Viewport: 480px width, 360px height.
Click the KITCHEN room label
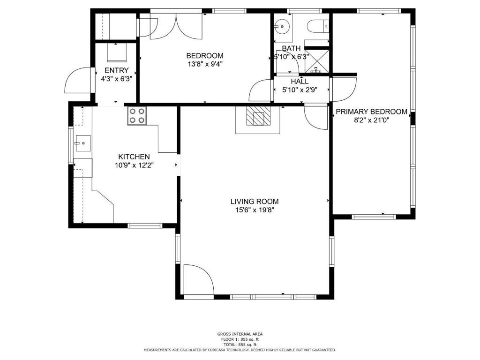[x=134, y=157]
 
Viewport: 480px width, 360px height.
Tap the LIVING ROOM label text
[x=255, y=202]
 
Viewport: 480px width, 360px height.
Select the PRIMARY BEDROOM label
[x=371, y=112]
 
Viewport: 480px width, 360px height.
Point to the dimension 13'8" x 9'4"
[x=205, y=64]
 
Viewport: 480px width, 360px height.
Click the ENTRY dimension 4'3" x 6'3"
[x=116, y=79]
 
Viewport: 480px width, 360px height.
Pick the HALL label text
[x=300, y=82]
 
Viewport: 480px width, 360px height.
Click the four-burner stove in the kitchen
[x=137, y=116]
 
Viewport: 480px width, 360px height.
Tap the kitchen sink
[x=83, y=143]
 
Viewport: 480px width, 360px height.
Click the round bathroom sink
[x=282, y=26]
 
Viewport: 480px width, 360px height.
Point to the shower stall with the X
[x=317, y=61]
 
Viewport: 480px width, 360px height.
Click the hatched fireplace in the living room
[x=259, y=116]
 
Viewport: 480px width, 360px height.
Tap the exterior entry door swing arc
[x=78, y=80]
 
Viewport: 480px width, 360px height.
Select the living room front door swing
[x=198, y=279]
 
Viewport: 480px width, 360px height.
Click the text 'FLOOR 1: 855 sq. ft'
[x=240, y=339]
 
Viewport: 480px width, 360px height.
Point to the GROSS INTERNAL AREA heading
[x=240, y=334]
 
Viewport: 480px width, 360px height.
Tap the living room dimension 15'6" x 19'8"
[x=255, y=210]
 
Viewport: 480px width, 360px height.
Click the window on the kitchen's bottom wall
[x=144, y=225]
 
